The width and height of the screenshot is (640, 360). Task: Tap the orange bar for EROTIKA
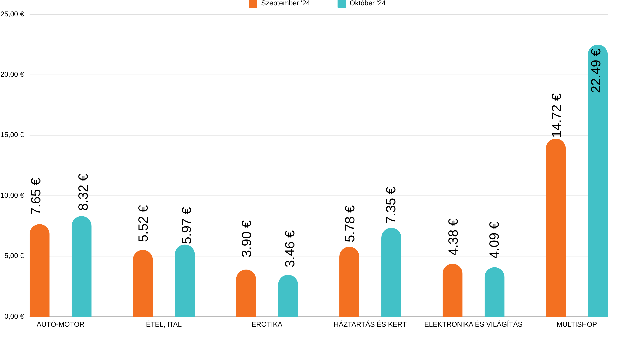tap(246, 293)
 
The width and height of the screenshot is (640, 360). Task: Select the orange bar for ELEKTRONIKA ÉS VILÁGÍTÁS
tap(452, 291)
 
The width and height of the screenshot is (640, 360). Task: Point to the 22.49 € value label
tap(596, 71)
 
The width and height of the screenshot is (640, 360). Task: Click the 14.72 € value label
tap(557, 115)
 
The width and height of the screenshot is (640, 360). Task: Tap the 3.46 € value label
tap(290, 249)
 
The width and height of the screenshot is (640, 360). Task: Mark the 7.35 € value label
tap(391, 205)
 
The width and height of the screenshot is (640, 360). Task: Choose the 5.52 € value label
tap(143, 223)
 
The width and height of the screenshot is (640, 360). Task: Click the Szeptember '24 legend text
tap(285, 3)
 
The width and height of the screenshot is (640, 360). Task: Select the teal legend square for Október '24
tap(342, 3)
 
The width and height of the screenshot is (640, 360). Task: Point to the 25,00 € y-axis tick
tap(12, 14)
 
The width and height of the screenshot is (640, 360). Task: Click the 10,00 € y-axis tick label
tap(12, 195)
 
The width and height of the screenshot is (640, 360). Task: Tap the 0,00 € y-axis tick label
tap(14, 316)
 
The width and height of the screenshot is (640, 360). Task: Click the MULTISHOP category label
tap(577, 324)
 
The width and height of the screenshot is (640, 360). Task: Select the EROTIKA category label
tap(267, 324)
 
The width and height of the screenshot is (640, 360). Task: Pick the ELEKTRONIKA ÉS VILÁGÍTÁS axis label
tap(473, 324)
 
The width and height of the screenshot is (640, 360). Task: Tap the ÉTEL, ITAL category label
tap(164, 324)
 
